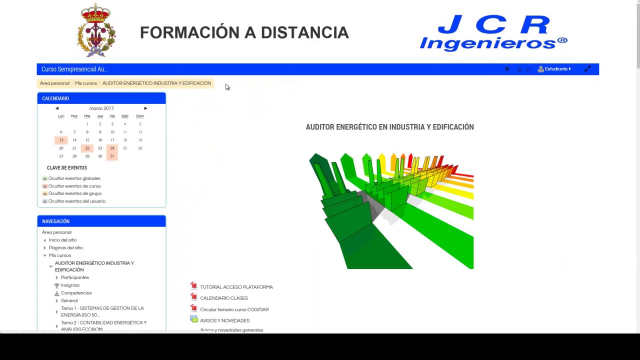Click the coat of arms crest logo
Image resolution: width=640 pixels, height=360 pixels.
[96, 31]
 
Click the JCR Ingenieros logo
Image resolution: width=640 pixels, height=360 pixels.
[493, 33]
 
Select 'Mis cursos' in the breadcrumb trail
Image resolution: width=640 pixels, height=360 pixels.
[86, 83]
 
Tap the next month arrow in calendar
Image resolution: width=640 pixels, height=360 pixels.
[145, 108]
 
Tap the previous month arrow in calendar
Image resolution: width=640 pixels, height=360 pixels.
[57, 108]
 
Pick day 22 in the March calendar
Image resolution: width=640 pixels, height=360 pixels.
[87, 148]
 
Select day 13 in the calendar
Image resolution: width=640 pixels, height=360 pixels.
[61, 140]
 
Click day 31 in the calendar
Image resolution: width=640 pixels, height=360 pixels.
[112, 156]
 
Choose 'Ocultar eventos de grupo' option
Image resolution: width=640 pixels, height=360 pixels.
[74, 193]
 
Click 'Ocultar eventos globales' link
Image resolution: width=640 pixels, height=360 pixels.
[74, 178]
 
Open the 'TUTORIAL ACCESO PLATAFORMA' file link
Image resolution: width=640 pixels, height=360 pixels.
[236, 287]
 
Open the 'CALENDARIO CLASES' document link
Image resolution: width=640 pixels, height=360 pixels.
[223, 298]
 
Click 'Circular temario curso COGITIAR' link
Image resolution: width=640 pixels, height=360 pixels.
[234, 309]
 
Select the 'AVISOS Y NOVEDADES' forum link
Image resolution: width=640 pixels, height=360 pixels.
[224, 320]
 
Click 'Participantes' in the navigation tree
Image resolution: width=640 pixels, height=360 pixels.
[75, 277]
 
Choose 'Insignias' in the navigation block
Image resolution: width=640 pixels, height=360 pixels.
[70, 285]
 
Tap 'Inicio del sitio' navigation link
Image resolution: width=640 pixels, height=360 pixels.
[62, 240]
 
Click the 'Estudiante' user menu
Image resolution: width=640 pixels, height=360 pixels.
[554, 69]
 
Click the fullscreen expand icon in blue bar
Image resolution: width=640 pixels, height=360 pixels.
[587, 69]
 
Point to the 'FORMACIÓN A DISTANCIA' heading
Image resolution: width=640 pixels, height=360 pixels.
[244, 32]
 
